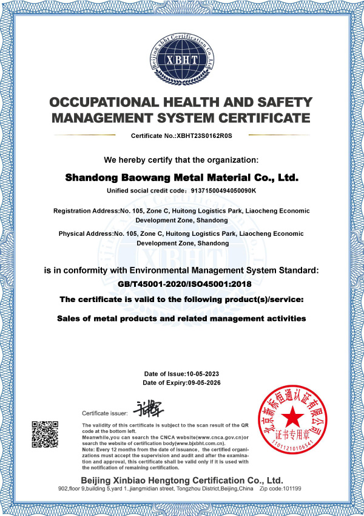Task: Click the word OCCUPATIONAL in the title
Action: (x=104, y=102)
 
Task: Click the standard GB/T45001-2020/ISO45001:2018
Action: (x=181, y=283)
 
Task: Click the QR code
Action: (x=45, y=435)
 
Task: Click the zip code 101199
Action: (x=291, y=489)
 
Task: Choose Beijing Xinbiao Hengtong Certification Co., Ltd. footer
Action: (x=181, y=480)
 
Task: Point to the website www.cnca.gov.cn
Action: (x=215, y=437)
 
